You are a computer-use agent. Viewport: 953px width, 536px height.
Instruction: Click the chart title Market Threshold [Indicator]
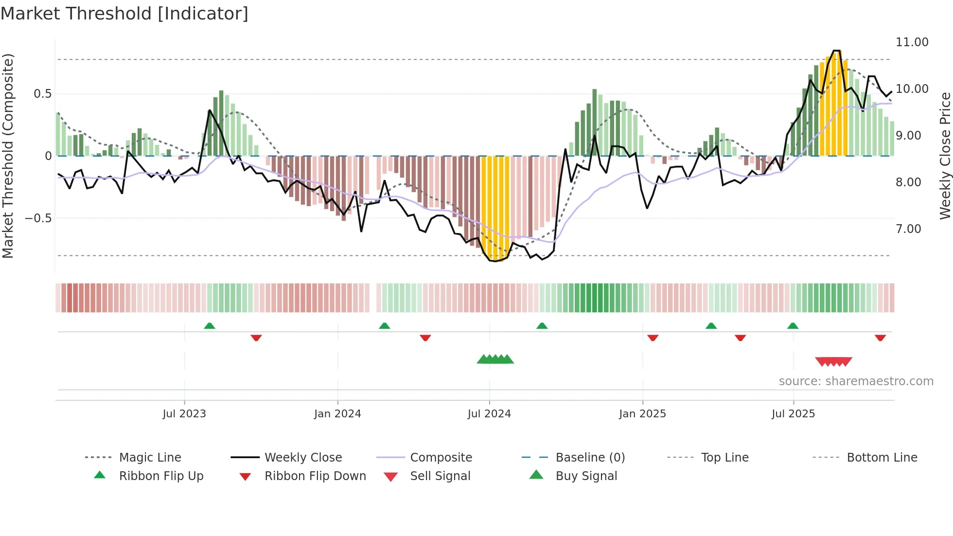click(124, 14)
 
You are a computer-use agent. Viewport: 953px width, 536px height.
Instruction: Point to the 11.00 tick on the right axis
click(912, 42)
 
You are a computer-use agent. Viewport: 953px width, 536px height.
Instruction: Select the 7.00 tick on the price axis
click(908, 229)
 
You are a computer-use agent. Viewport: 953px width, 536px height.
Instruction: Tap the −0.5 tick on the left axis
click(38, 218)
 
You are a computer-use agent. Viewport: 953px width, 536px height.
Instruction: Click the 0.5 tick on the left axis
click(42, 94)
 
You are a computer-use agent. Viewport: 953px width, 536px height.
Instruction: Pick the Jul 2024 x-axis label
click(489, 414)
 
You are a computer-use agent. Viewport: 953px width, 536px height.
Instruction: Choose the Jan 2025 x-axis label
click(642, 414)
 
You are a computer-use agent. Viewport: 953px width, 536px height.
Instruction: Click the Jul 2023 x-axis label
click(184, 414)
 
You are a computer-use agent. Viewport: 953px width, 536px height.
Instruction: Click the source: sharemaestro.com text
click(856, 381)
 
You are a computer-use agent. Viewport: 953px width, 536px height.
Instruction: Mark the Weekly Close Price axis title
click(945, 156)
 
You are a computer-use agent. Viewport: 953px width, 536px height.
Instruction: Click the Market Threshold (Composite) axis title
click(8, 156)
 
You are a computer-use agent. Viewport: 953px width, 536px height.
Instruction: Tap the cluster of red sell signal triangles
click(833, 362)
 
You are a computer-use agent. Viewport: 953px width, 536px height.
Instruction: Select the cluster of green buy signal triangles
click(495, 359)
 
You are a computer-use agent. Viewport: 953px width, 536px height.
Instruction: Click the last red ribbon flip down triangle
click(880, 338)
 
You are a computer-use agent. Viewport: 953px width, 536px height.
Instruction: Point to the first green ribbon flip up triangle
click(210, 326)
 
